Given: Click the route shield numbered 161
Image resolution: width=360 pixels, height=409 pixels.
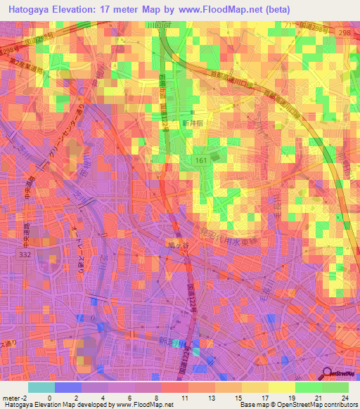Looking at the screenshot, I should tap(201, 162).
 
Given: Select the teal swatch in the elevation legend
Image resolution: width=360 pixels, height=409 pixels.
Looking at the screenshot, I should tap(41, 387).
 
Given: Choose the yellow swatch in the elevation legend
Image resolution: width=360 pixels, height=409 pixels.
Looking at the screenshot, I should tap(281, 387).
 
